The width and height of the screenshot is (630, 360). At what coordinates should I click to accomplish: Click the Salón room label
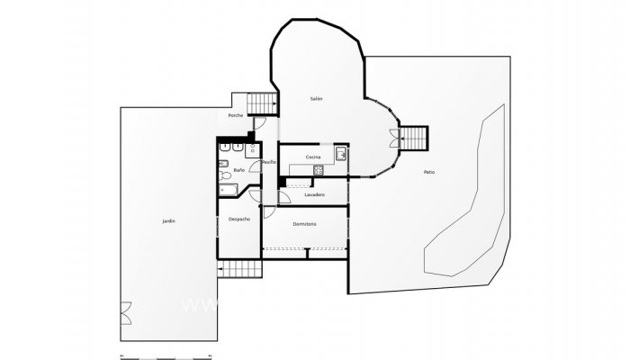pos(316,98)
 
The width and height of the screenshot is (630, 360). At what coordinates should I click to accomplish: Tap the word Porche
pos(236,115)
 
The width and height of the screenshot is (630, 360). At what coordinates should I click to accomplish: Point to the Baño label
pos(238,169)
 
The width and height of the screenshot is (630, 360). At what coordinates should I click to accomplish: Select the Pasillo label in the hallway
pos(268,162)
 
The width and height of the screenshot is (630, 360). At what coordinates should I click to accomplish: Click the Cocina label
pos(312,157)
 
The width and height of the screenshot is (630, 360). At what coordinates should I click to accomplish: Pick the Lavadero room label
pos(314,194)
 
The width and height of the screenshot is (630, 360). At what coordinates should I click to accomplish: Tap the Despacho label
pos(238,219)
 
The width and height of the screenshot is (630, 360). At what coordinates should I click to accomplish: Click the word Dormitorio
pos(304,224)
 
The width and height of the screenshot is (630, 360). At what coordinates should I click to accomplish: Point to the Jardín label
pos(168,220)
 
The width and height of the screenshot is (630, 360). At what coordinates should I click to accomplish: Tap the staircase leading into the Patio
pos(415,138)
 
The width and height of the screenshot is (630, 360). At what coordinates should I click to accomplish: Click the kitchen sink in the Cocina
pos(341,156)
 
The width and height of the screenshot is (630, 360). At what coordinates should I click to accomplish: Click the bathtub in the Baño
pos(226,191)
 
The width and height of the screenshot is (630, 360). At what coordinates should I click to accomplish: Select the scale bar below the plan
pos(166,356)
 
